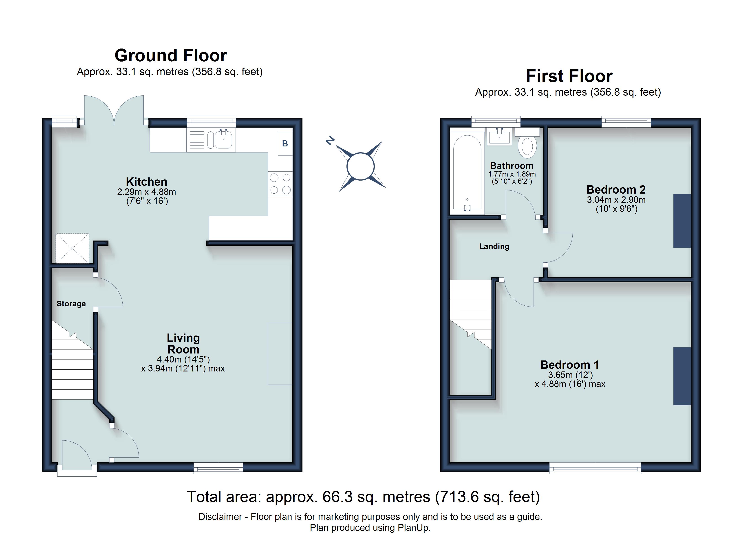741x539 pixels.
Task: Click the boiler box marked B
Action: click(x=285, y=144)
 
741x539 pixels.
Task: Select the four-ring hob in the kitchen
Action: click(x=280, y=184)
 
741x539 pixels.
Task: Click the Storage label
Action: click(x=71, y=304)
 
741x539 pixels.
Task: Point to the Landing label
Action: click(x=494, y=246)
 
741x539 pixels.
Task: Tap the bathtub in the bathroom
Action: click(x=467, y=172)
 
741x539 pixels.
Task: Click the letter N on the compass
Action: click(x=330, y=141)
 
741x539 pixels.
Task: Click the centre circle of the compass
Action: click(x=360, y=166)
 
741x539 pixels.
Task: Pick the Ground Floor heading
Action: click(x=171, y=55)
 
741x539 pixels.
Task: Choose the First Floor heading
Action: click(x=569, y=76)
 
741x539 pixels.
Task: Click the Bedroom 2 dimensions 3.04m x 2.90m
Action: click(x=616, y=200)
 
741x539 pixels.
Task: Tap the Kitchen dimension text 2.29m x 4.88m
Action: click(x=147, y=192)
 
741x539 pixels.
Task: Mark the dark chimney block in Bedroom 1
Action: click(x=682, y=376)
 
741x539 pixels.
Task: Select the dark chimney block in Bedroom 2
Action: click(x=682, y=221)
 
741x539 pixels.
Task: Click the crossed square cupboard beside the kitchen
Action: click(x=72, y=248)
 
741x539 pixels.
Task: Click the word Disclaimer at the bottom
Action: click(x=220, y=517)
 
